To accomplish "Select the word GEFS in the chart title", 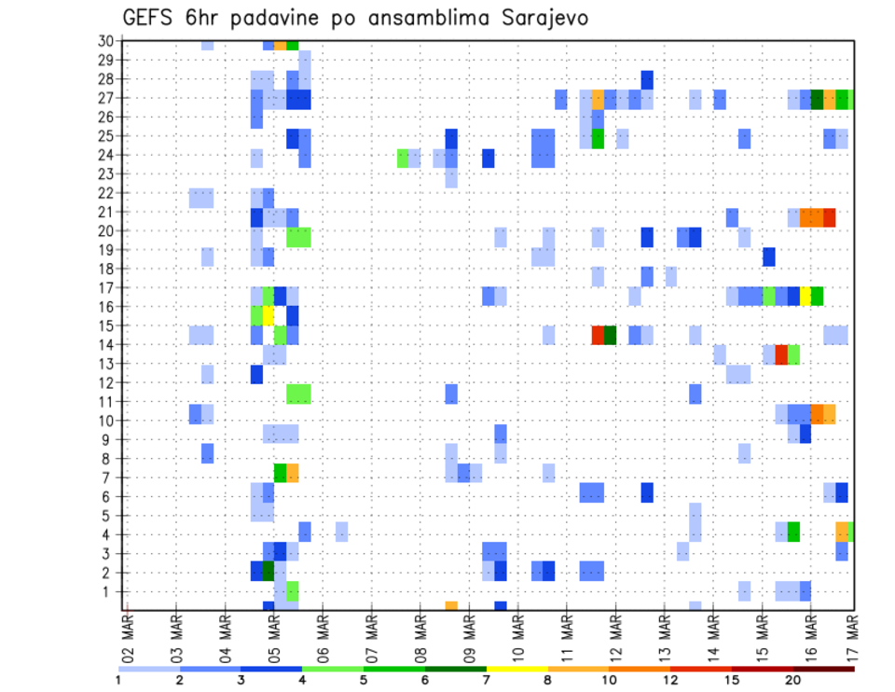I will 150,18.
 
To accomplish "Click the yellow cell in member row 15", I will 268,315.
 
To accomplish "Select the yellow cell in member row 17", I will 805,297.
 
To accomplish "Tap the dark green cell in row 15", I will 610,335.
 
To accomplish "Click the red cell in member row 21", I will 829,217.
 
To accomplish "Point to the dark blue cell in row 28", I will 647,80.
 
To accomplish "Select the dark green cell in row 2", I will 268,571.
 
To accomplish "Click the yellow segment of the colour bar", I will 516,669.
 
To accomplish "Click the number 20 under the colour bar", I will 793,681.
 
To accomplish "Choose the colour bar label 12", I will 670,681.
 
